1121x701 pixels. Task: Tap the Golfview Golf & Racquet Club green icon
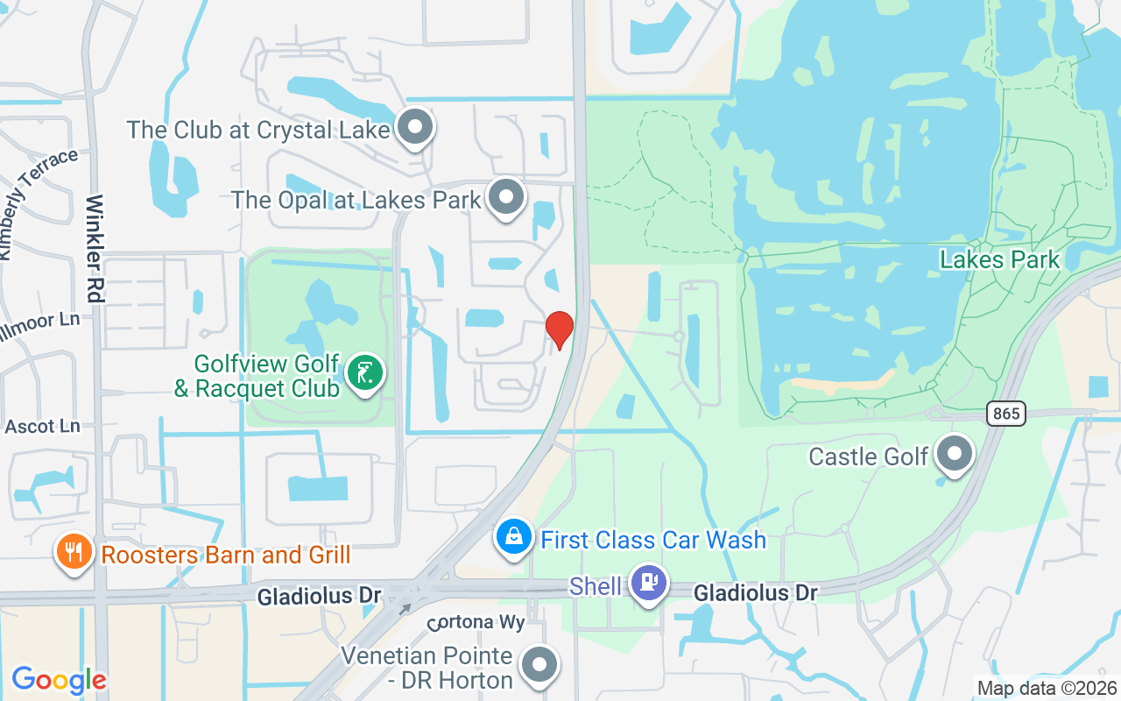coord(365,372)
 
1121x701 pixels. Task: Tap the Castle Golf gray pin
coord(955,454)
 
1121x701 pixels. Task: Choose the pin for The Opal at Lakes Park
coord(506,197)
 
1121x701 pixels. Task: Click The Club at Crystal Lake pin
coord(415,128)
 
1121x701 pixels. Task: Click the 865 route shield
coord(1006,413)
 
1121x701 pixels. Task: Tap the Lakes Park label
coord(999,259)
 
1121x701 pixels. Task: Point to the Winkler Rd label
coord(95,249)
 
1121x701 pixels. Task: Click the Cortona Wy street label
coord(476,623)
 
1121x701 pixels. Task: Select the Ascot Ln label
coord(42,427)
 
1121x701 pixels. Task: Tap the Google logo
coord(59,680)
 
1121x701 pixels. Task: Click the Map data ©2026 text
coord(1047,689)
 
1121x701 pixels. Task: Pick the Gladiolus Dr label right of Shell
coord(756,593)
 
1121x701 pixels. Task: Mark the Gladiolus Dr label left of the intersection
coord(319,596)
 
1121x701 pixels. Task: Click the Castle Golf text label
coord(868,457)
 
